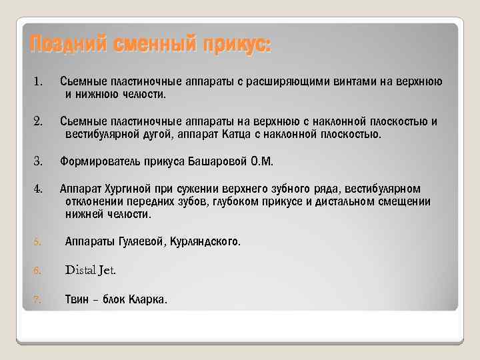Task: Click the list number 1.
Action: (x=38, y=82)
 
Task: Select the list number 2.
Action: (x=38, y=121)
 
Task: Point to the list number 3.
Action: (x=38, y=161)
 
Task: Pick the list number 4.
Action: (x=38, y=188)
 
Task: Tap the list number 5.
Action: (x=38, y=242)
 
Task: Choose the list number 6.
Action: (x=38, y=271)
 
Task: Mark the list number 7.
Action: (x=38, y=299)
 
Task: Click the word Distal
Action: (x=82, y=270)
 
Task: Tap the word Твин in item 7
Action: (x=77, y=299)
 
